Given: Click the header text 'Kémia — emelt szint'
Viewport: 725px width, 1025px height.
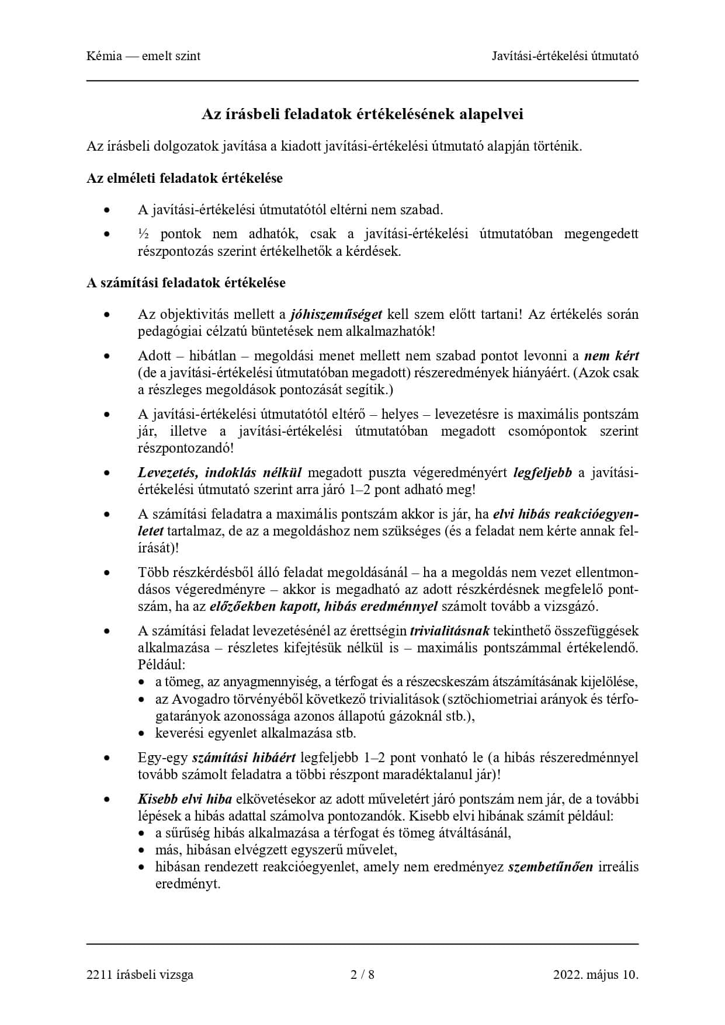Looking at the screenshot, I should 143,56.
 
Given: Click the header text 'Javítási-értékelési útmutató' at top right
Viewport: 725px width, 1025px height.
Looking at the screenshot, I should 564,56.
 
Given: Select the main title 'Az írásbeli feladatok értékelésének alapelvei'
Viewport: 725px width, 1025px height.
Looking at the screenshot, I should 362,114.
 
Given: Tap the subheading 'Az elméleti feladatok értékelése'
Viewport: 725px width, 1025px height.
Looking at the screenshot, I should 184,178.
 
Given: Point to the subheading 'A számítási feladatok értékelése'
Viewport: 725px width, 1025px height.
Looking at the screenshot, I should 186,283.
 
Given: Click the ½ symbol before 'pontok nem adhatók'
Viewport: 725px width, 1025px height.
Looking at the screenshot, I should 144,234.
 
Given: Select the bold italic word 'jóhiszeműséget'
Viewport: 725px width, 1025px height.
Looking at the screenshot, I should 336,314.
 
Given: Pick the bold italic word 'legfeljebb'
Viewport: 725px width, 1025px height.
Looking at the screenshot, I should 542,472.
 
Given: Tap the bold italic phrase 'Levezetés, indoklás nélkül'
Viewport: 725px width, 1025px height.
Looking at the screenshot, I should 220,472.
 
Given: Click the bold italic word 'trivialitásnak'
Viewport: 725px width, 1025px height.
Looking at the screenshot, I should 450,631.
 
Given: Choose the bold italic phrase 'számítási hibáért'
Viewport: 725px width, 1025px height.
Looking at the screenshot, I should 244,758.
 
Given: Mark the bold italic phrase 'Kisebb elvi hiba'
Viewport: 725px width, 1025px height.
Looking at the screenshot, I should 185,799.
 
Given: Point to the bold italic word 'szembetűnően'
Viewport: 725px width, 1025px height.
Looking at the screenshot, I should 550,867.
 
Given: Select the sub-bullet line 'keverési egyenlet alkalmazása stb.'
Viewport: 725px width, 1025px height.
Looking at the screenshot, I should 255,733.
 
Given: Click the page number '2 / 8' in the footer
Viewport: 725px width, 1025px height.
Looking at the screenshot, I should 362,974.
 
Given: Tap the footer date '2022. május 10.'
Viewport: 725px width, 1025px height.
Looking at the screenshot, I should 595,974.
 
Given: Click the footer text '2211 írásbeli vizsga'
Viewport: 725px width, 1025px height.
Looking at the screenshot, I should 140,974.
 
